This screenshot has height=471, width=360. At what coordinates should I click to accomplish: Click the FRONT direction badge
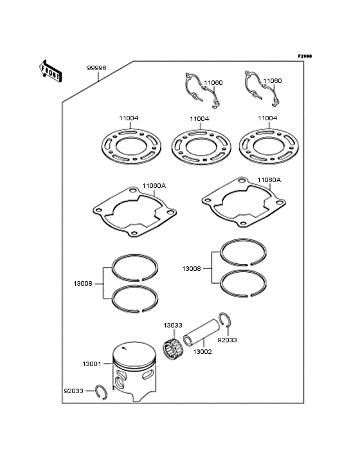[51, 71]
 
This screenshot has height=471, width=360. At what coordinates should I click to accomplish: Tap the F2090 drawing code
[304, 57]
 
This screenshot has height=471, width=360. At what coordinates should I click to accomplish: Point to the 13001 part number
[92, 364]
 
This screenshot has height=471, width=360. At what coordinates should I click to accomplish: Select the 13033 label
[172, 326]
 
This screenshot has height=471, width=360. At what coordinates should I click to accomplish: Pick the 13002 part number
[203, 352]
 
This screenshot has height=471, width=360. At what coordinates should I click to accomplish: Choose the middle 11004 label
[199, 119]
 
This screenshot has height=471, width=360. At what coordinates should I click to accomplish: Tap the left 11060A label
[154, 185]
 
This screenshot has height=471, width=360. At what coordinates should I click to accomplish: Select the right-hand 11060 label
[272, 82]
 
